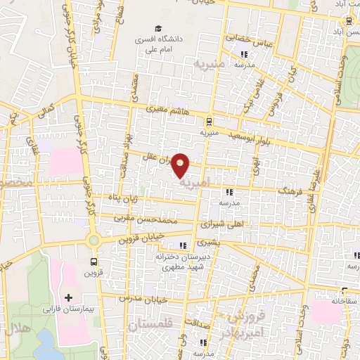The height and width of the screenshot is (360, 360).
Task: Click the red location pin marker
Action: (x=181, y=165)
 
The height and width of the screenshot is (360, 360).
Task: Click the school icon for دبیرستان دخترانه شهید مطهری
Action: (x=184, y=245)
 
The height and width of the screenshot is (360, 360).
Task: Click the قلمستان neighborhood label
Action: (x=149, y=324)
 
